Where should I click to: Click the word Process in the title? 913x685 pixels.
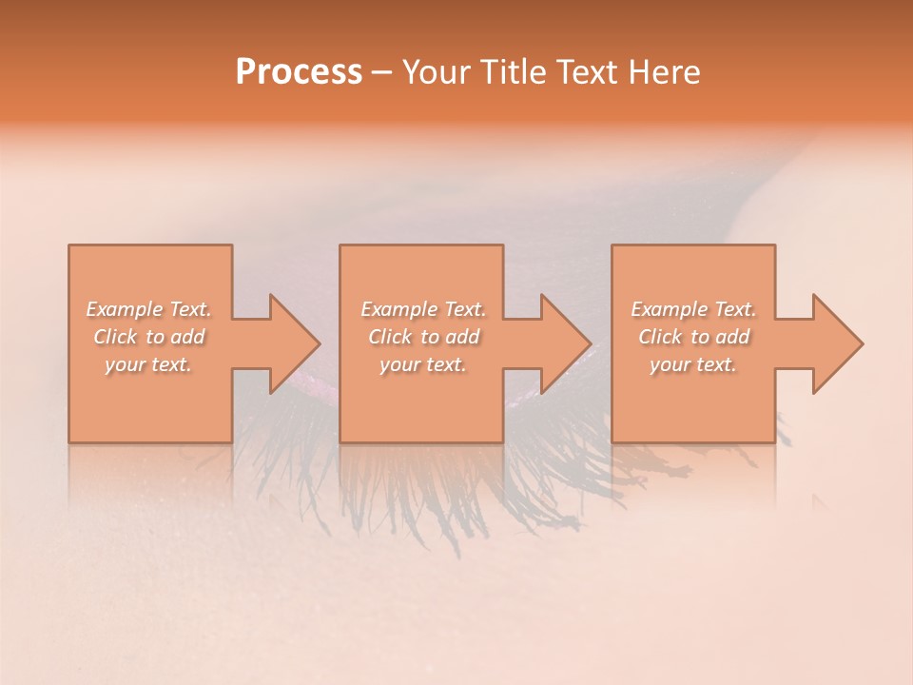[299, 72]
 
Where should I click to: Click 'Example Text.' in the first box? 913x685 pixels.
[149, 309]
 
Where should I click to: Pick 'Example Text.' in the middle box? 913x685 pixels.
[423, 309]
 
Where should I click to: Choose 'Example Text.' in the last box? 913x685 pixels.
[693, 309]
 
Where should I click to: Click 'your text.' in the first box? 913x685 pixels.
[149, 364]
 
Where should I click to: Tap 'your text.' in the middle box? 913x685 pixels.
[423, 364]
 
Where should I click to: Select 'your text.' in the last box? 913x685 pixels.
[693, 364]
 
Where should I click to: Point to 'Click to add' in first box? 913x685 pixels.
[149, 337]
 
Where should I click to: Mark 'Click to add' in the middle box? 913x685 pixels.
[423, 337]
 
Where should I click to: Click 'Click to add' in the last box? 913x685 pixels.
[693, 337]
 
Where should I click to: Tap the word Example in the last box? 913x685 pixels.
[669, 309]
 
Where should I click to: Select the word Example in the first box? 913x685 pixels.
[125, 309]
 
